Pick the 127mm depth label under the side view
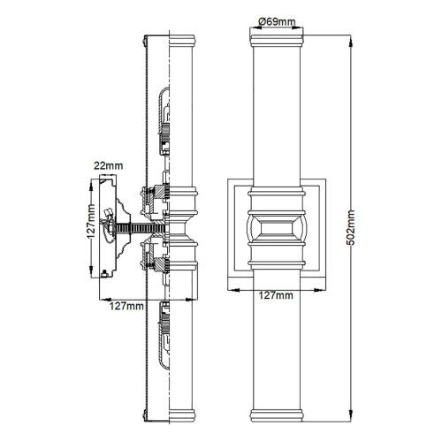[x=128, y=306]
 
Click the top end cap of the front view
[x=279, y=42]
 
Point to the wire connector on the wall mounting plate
[x=108, y=217]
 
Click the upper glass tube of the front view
[x=279, y=115]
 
